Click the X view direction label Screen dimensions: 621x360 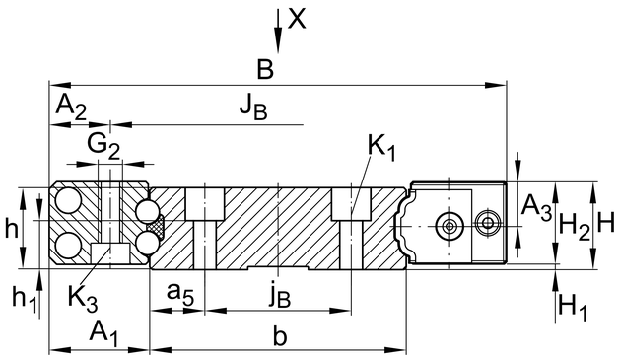click(x=297, y=19)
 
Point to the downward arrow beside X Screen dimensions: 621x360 click(x=278, y=31)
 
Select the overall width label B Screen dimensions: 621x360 click(x=265, y=69)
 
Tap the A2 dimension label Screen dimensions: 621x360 click(x=71, y=108)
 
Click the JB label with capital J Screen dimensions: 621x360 click(x=253, y=108)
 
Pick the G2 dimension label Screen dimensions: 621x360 click(x=103, y=146)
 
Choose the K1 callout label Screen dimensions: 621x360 click(x=381, y=148)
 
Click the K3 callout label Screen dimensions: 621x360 click(x=83, y=298)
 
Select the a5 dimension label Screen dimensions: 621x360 click(x=180, y=294)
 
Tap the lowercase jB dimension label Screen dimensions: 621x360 click(x=280, y=294)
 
